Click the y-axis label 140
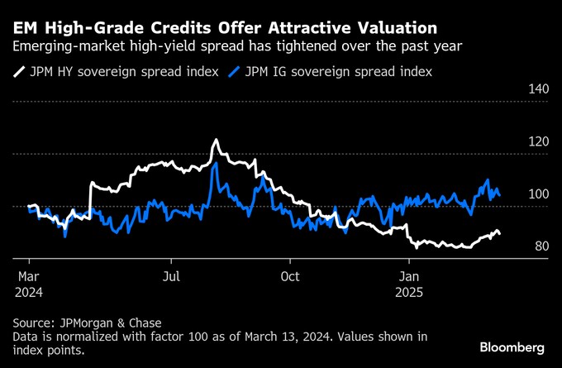click(x=538, y=88)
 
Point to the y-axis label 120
click(x=538, y=141)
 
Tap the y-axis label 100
click(x=538, y=194)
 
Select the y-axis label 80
click(x=541, y=246)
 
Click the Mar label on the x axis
click(x=29, y=277)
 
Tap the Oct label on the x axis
click(x=290, y=277)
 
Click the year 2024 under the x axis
click(x=29, y=293)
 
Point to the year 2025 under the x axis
click(x=410, y=293)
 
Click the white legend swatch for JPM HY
click(x=19, y=72)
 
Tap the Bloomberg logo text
click(x=512, y=346)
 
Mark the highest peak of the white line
click(x=215, y=141)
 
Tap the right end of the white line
click(x=499, y=234)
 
